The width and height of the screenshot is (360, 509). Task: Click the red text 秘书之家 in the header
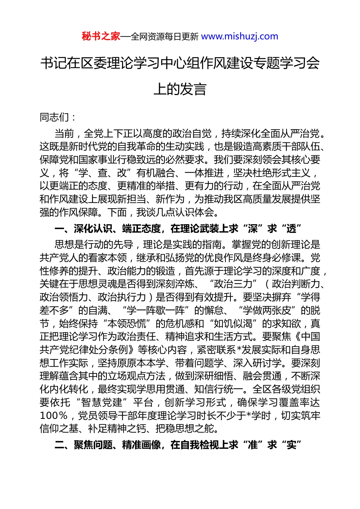[x=101, y=36]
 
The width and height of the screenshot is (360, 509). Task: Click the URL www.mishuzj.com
[x=239, y=36]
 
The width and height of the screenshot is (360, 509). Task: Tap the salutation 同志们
[x=55, y=117]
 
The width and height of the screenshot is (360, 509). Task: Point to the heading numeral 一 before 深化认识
[x=59, y=228]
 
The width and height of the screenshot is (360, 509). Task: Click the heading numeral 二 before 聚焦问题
[x=59, y=445]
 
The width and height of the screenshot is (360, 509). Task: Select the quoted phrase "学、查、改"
[x=102, y=173]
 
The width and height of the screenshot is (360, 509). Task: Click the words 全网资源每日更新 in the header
[x=164, y=37]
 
